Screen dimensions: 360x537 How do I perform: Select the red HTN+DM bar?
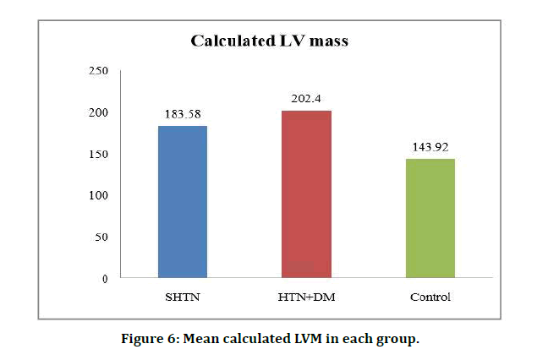[306, 194]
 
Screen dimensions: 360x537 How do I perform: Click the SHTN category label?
[183, 297]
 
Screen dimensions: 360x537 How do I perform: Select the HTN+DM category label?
[306, 297]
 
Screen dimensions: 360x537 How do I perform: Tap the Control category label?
[430, 297]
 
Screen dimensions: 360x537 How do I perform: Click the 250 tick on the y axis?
[99, 71]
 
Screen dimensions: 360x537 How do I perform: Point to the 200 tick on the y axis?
[99, 112]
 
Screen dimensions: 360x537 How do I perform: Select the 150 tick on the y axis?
[99, 154]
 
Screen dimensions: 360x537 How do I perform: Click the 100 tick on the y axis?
[99, 195]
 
